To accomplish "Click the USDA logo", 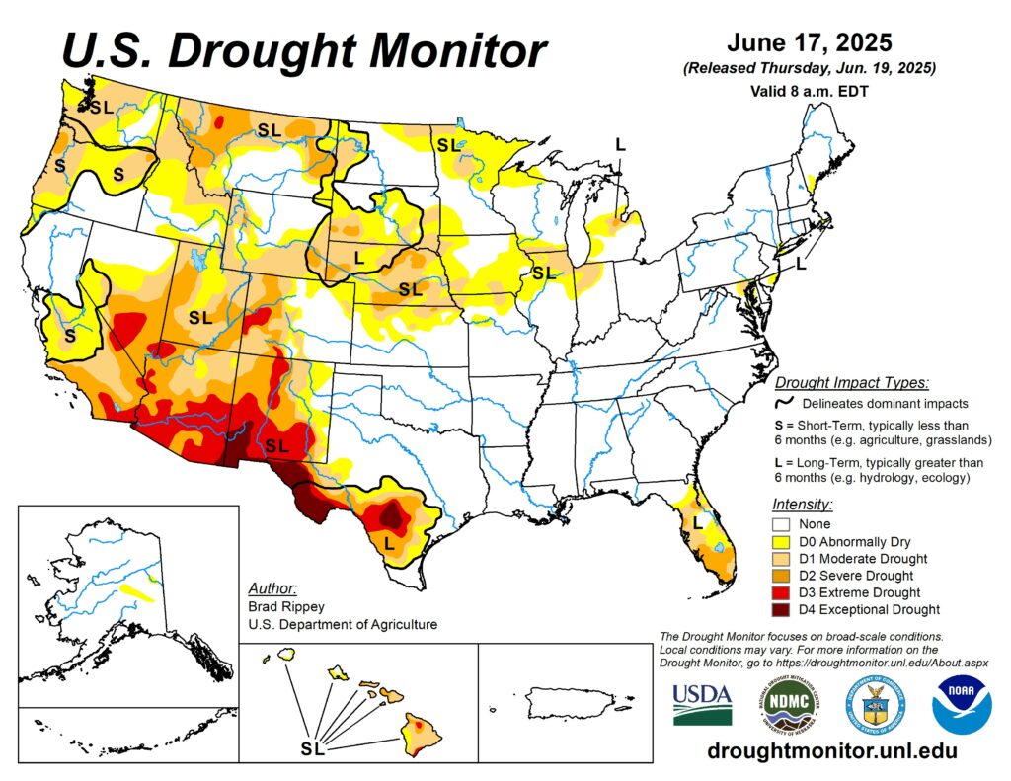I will (702, 703).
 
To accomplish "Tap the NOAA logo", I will (962, 704).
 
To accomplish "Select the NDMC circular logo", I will (789, 704).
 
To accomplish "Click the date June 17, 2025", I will (810, 43).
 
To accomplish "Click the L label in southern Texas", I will (389, 542).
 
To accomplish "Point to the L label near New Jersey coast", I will (801, 264).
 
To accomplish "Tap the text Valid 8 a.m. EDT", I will (809, 90).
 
